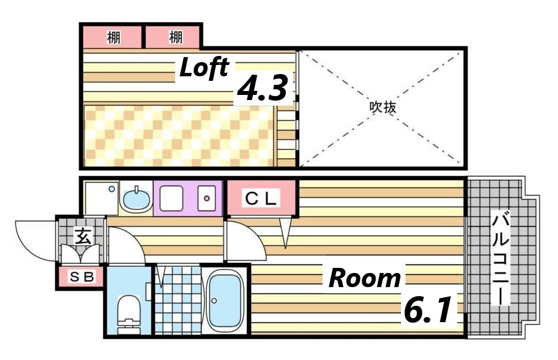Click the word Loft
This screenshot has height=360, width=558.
[204, 68]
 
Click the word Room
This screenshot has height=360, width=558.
[364, 278]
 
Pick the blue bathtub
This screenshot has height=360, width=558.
[225, 300]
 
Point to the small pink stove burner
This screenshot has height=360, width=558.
[207, 198]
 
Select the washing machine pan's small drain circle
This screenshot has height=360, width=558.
[112, 189]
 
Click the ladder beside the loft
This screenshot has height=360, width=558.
[287, 133]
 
